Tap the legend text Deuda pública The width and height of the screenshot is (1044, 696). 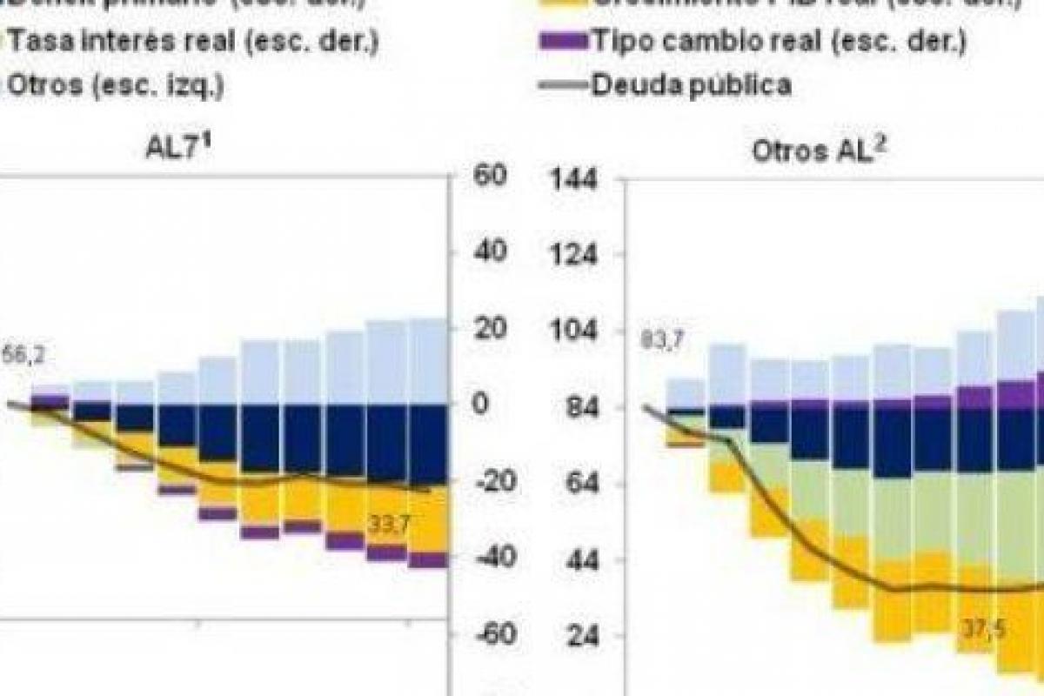[x=691, y=85]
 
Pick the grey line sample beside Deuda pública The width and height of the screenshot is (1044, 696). [x=562, y=85]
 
